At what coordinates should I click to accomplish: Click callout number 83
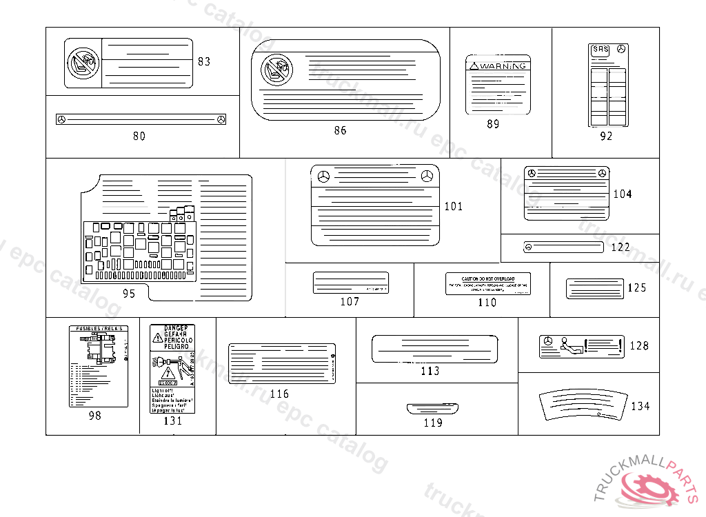204,61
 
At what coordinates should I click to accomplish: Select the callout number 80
139,136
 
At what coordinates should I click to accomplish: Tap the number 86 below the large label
340,130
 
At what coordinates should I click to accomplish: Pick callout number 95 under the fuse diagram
129,293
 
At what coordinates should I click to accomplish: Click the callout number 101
454,206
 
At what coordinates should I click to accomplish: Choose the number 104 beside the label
622,194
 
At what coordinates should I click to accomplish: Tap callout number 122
621,247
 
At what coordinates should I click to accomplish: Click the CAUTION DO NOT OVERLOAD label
487,283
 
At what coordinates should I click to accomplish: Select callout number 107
350,301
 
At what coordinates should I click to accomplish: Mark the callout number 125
636,287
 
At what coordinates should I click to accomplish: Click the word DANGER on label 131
172,328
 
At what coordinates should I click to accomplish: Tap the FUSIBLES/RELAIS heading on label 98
99,329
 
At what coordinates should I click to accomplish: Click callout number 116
279,394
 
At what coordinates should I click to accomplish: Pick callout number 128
639,345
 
